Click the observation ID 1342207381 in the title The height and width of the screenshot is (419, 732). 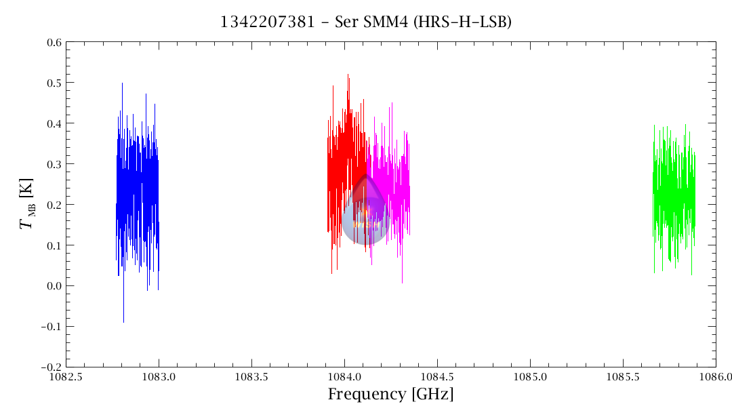point(267,22)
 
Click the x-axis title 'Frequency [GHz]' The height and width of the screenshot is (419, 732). point(390,394)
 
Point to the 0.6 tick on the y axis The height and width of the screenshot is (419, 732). point(54,43)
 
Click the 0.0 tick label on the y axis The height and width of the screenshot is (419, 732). point(54,286)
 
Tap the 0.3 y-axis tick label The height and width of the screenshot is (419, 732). point(54,164)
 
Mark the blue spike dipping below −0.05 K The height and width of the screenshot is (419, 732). point(123,315)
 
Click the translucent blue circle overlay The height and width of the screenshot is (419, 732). point(364,221)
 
